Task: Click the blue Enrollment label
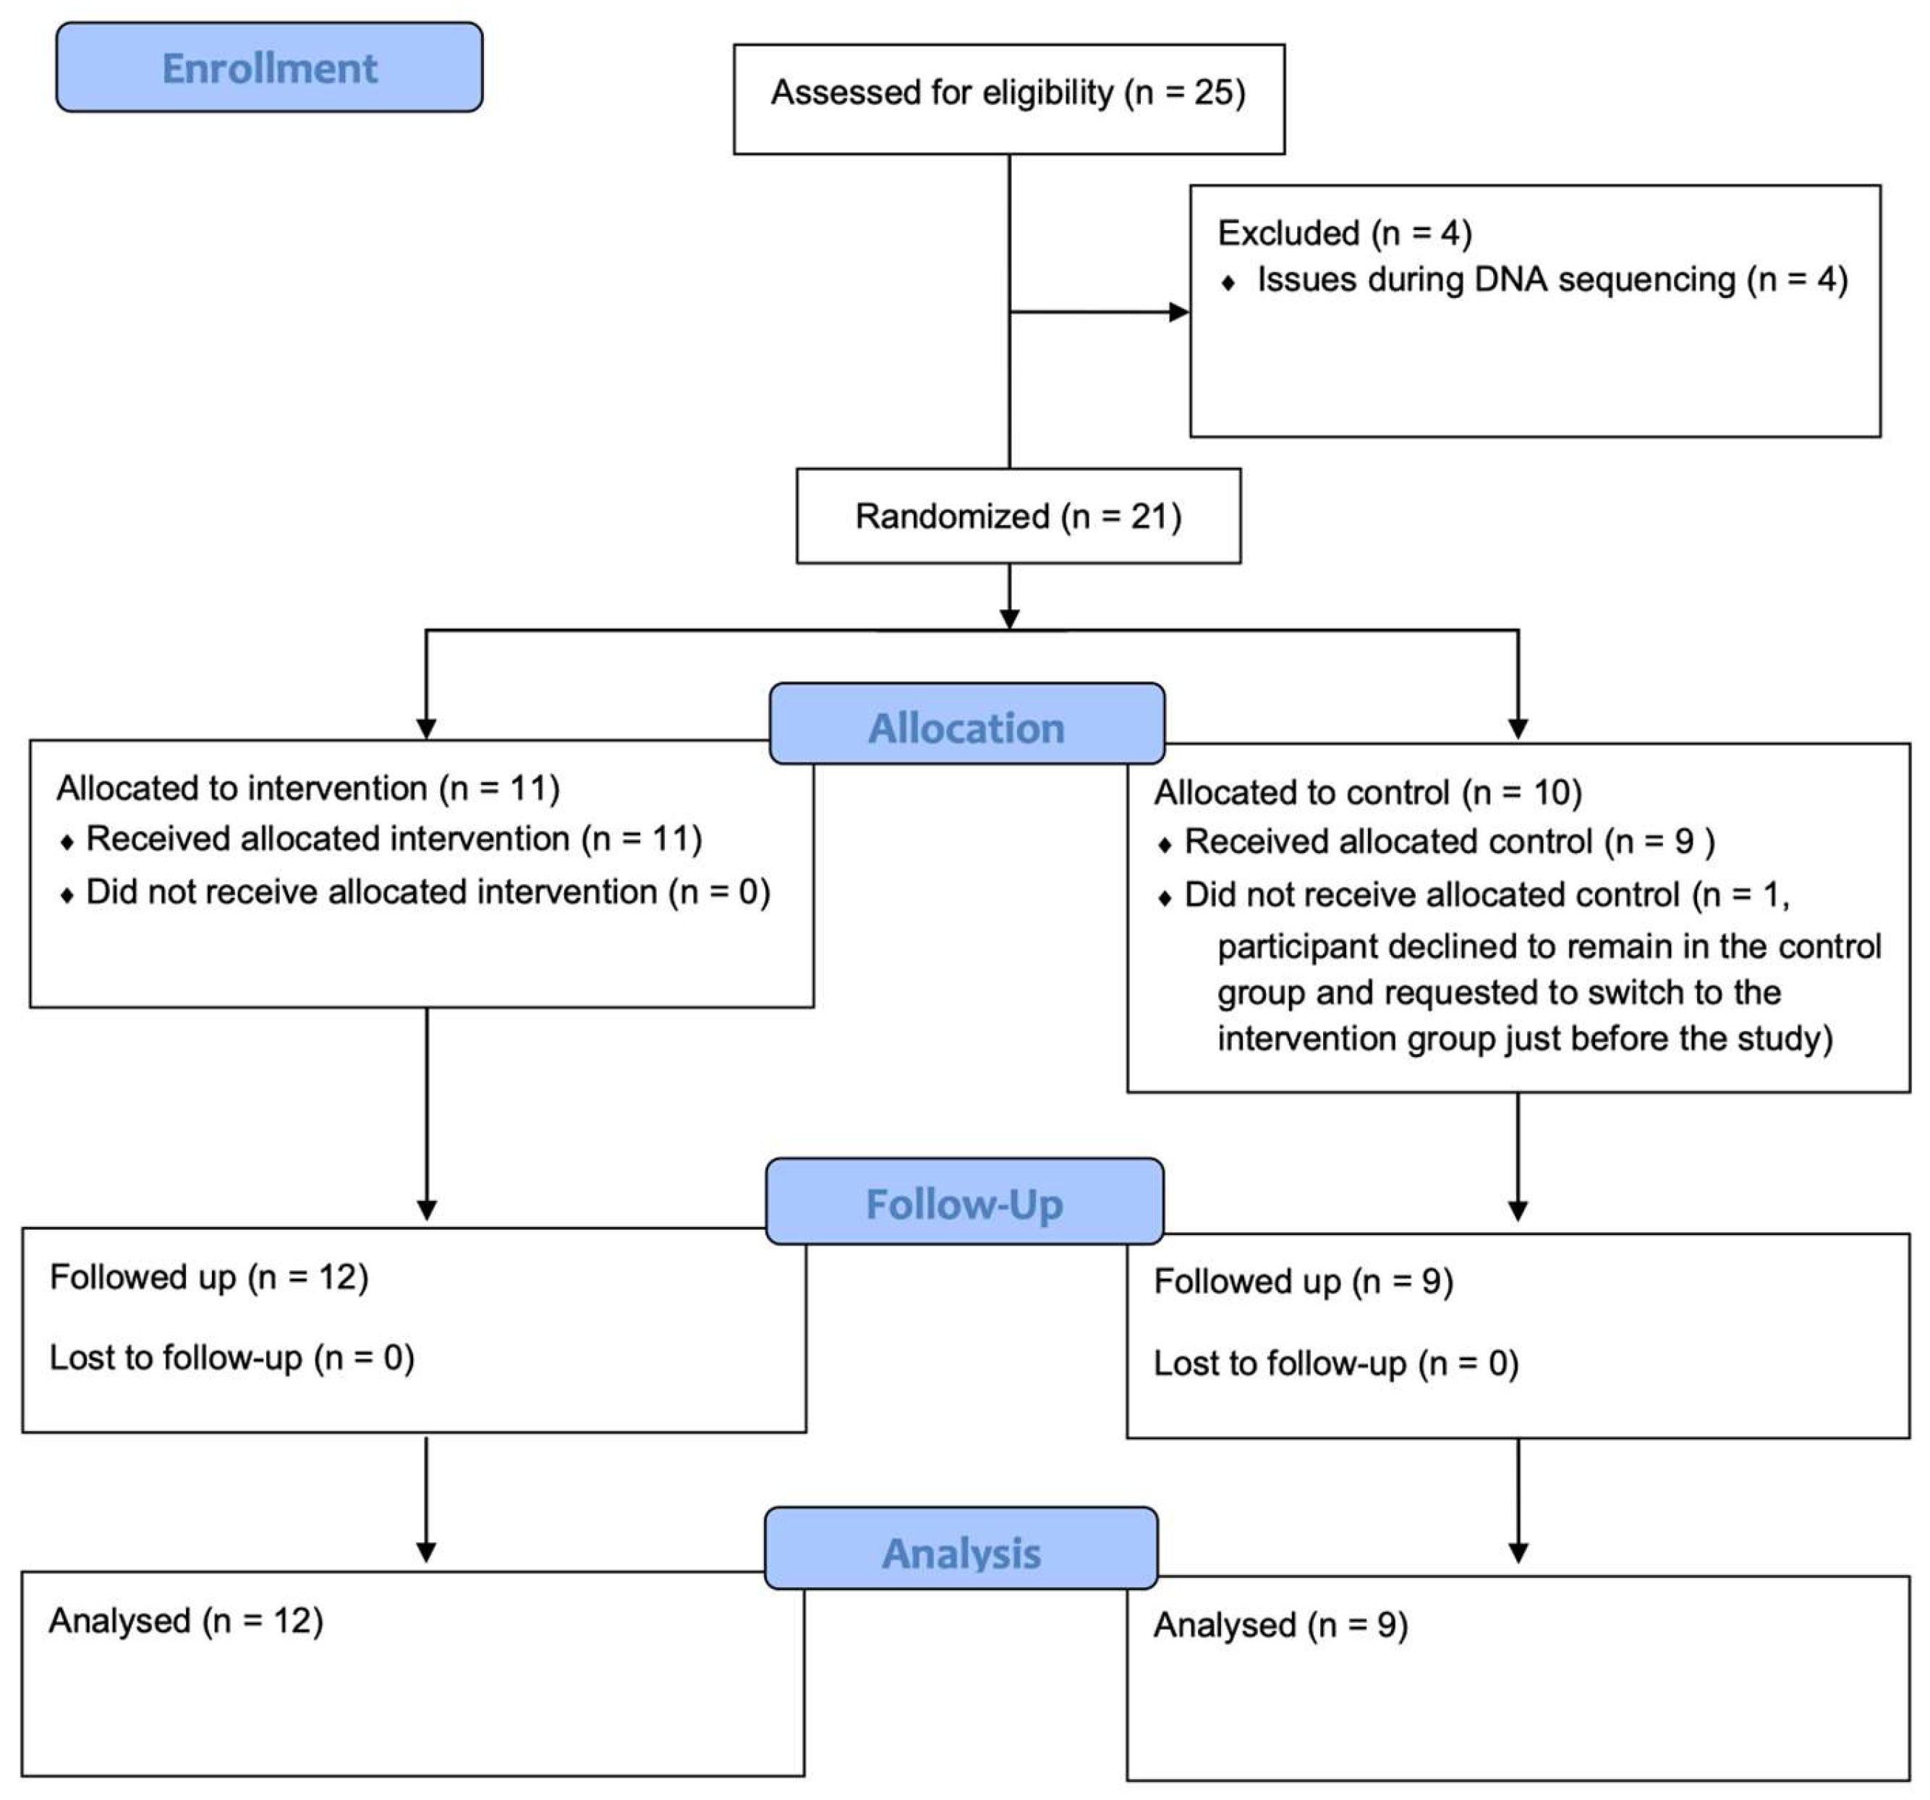click(x=269, y=68)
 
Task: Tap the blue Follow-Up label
click(x=964, y=1204)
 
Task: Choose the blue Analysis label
click(x=961, y=1553)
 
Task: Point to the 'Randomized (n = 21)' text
click(x=1017, y=517)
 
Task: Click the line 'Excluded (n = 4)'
click(x=1345, y=233)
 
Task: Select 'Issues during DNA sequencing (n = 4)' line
click(x=1552, y=279)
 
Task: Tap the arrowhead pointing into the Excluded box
click(x=1178, y=312)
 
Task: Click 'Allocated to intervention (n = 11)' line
click(x=307, y=787)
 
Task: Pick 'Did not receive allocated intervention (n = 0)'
click(x=428, y=891)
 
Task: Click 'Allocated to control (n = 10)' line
click(x=1367, y=792)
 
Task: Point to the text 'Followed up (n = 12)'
click(x=209, y=1277)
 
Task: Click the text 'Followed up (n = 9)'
click(x=1303, y=1281)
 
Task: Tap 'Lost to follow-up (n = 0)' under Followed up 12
click(x=231, y=1357)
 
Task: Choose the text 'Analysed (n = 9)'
click(x=1280, y=1625)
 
